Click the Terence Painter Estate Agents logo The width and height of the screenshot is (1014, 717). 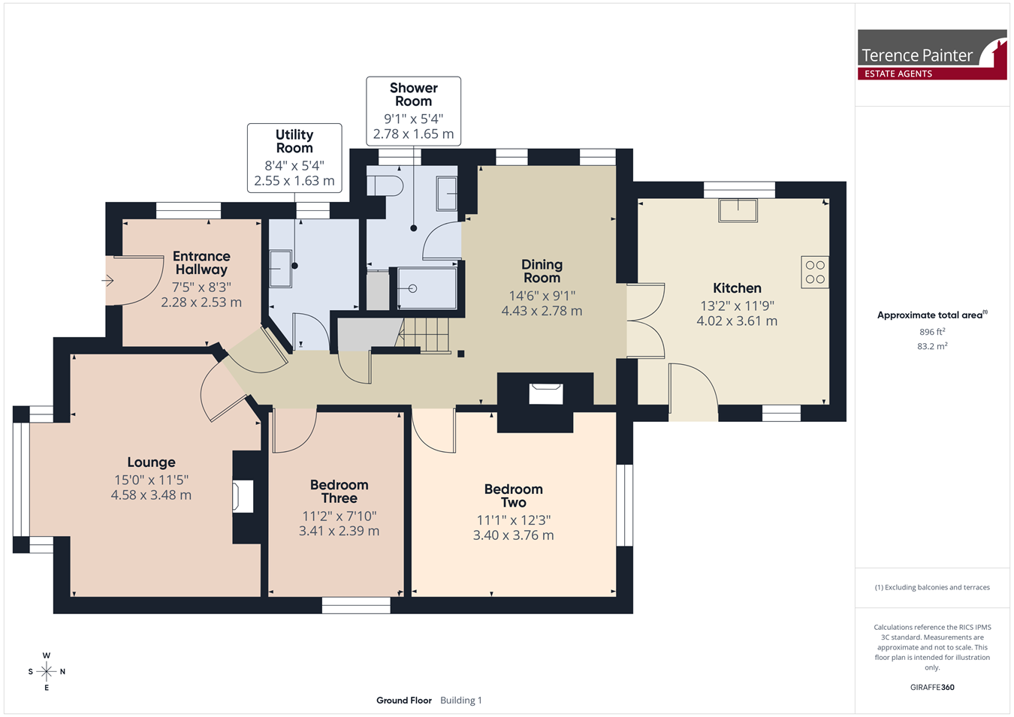(932, 55)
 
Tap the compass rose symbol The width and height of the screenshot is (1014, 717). (47, 671)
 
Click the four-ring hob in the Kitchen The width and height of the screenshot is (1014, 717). (815, 273)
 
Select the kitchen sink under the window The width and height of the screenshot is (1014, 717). (738, 210)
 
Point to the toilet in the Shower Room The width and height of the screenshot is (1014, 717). (385, 185)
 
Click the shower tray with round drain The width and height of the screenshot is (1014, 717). (427, 288)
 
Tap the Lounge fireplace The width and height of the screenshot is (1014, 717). (243, 497)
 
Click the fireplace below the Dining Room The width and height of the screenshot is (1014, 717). (546, 393)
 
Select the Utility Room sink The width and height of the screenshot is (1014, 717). (281, 270)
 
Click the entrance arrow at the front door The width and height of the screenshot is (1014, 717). (107, 281)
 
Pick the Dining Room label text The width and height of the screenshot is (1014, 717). (542, 271)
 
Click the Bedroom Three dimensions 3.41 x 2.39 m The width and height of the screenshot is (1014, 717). (339, 531)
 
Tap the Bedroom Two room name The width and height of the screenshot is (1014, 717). (513, 496)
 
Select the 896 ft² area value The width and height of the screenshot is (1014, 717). (932, 332)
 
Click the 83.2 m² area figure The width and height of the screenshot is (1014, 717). (932, 346)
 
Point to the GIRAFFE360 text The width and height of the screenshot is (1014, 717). (932, 687)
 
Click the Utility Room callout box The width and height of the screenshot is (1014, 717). (294, 158)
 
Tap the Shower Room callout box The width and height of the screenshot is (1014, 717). (414, 111)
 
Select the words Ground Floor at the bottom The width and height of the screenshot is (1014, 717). (404, 700)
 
